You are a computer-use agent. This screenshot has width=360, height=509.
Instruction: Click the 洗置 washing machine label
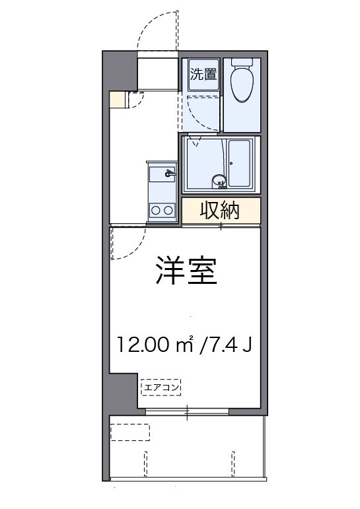coord(203,74)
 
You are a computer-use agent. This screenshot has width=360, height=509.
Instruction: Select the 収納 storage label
coord(220,211)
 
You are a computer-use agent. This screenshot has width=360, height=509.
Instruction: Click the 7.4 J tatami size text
coord(225,343)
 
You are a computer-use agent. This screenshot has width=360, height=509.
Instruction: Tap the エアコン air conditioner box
coord(161,387)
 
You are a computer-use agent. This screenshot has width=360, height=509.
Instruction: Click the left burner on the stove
coord(156,211)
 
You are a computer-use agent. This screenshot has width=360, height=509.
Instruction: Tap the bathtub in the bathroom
coord(238,163)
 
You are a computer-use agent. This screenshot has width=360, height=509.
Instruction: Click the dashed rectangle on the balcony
coord(129,432)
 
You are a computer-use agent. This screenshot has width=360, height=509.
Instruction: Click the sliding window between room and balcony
coord(187,413)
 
